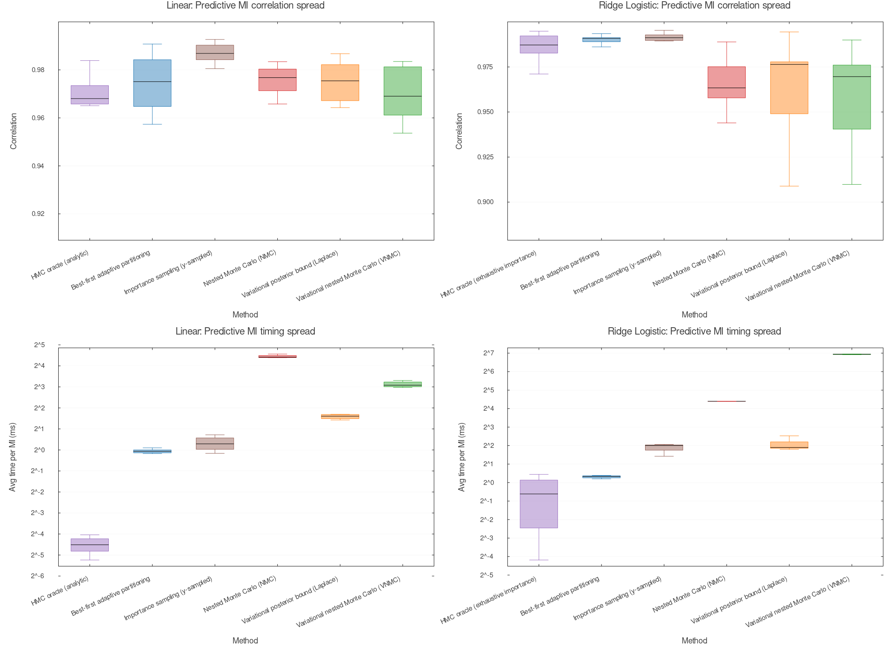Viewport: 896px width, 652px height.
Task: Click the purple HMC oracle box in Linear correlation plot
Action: [90, 95]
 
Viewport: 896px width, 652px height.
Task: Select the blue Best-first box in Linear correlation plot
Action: [152, 83]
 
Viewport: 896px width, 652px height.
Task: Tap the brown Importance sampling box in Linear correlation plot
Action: [215, 52]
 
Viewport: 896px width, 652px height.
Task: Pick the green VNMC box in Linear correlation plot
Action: [402, 91]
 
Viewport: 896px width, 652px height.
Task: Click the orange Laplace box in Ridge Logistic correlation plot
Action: [789, 88]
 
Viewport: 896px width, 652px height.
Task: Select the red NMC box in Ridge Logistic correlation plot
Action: [726, 82]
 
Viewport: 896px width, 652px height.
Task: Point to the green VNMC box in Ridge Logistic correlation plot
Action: [852, 97]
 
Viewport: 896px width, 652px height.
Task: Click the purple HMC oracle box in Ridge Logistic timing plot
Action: [539, 504]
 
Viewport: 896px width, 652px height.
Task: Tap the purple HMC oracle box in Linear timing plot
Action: [90, 545]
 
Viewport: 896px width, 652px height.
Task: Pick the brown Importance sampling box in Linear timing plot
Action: [215, 444]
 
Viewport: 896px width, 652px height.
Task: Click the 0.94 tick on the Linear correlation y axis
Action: [38, 166]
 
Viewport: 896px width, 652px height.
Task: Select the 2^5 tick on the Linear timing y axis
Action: [39, 345]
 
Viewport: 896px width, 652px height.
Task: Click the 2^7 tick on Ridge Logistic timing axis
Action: [488, 353]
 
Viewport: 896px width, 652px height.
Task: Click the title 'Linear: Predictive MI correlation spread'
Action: [245, 5]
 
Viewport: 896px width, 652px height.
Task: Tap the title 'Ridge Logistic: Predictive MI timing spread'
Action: [694, 331]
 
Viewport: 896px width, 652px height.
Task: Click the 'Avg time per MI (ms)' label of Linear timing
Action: [13, 457]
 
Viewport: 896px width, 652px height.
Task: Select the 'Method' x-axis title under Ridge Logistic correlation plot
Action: [694, 315]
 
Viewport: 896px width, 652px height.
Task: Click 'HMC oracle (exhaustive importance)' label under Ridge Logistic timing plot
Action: [489, 600]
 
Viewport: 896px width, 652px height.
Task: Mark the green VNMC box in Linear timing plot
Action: [402, 384]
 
